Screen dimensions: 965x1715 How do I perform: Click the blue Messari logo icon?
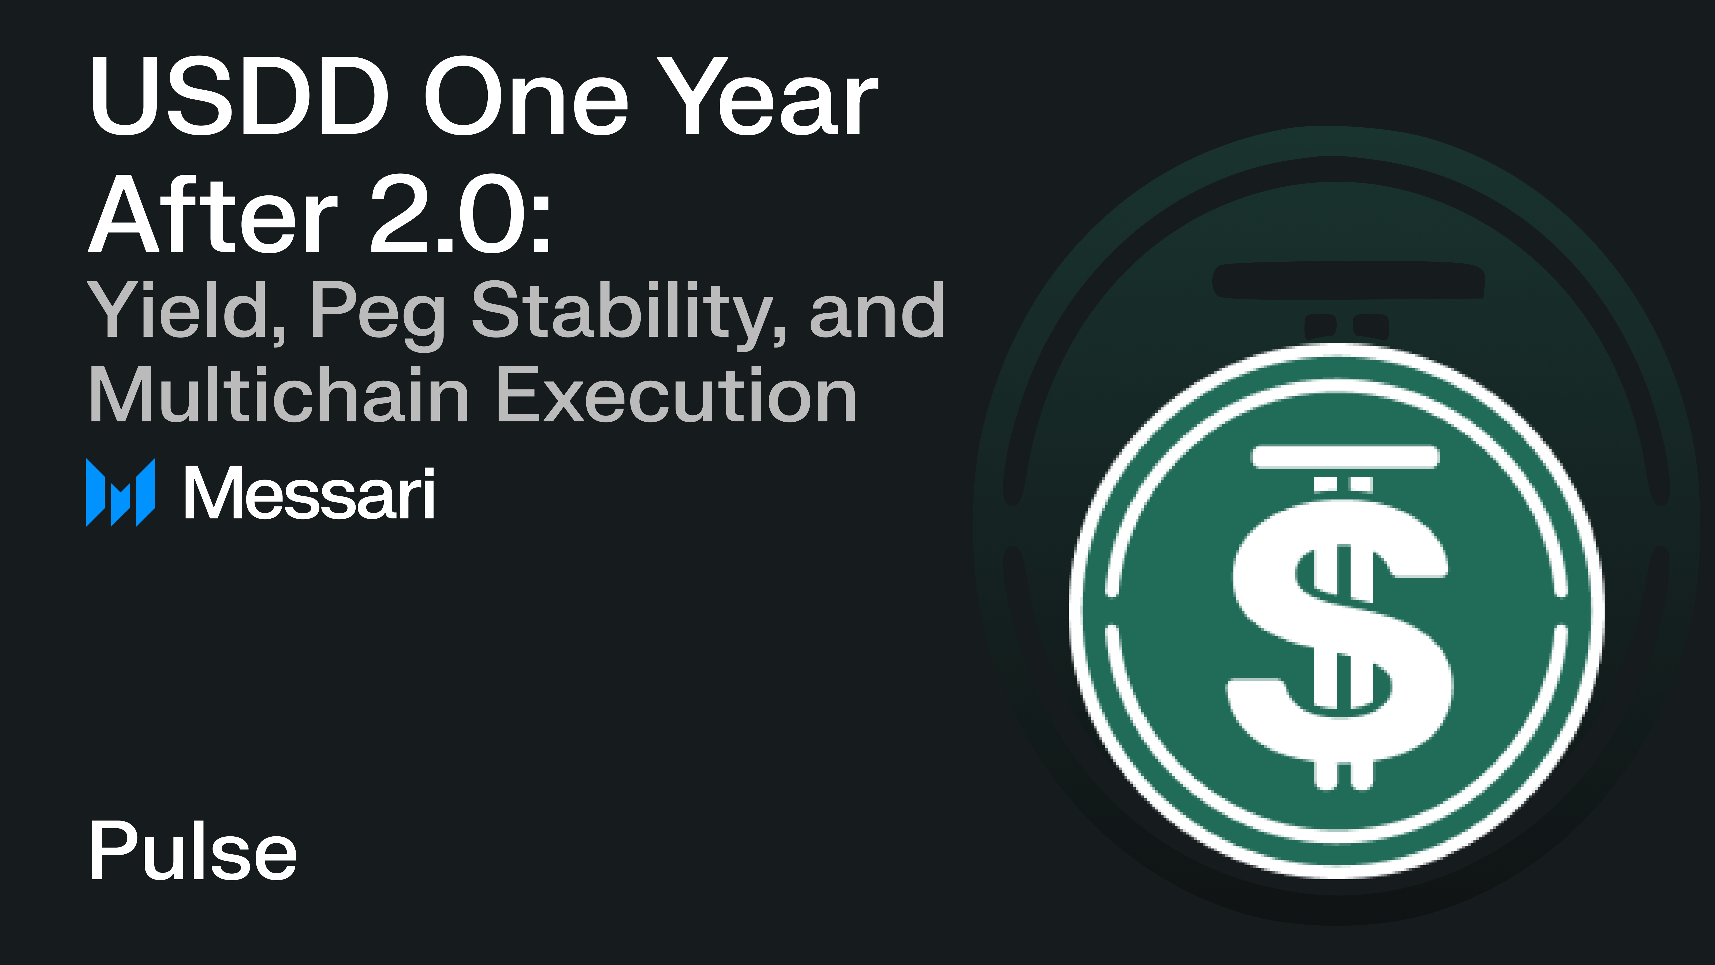[x=121, y=493]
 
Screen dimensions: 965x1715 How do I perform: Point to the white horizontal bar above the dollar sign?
[x=1345, y=457]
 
